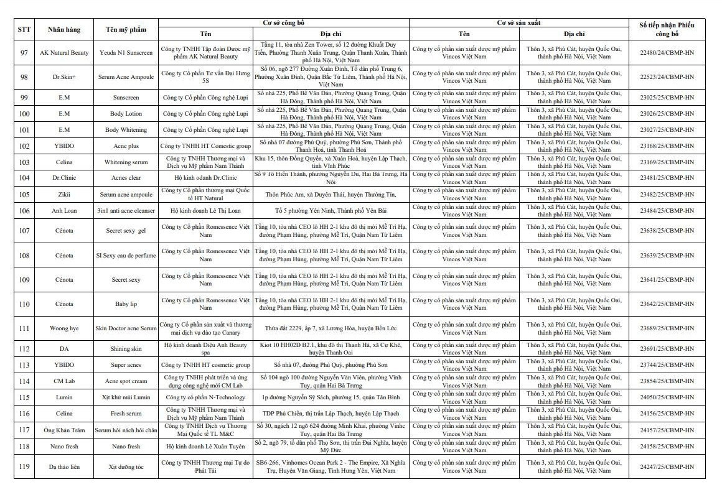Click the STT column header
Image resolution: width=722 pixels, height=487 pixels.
(x=24, y=29)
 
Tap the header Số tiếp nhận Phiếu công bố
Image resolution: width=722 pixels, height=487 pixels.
(x=667, y=29)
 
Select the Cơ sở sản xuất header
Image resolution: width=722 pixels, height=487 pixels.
(x=518, y=22)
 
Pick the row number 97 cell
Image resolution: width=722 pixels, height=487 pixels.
(x=24, y=53)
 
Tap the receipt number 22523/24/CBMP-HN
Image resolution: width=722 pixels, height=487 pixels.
(x=667, y=77)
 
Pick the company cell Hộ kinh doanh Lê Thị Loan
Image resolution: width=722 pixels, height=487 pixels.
(x=205, y=211)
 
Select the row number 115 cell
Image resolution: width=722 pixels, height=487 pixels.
(x=24, y=397)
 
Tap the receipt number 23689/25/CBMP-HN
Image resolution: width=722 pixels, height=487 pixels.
(x=667, y=328)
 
